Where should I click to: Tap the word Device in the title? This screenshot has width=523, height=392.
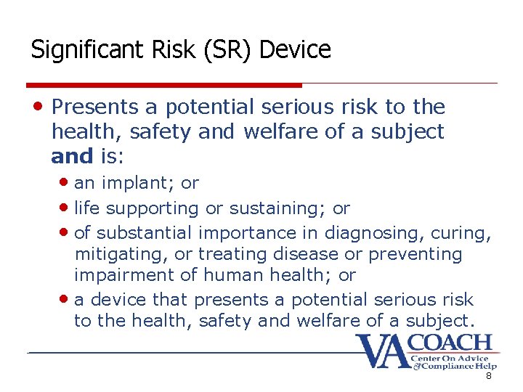[x=295, y=50]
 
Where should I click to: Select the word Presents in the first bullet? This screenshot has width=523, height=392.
[x=94, y=107]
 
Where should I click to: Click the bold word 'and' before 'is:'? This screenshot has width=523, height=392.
[x=72, y=155]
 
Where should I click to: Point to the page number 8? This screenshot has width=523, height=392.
[x=489, y=376]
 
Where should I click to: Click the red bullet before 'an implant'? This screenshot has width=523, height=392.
[x=67, y=183]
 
